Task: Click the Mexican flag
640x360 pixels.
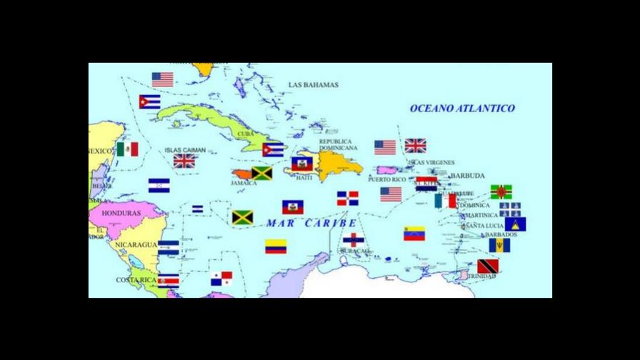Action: point(128,149)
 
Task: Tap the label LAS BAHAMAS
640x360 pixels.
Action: point(314,85)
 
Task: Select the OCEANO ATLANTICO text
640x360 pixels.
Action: point(462,109)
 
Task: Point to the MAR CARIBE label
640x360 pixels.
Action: point(311,223)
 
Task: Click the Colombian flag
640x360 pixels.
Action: point(276,246)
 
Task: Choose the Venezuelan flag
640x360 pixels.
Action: point(414,234)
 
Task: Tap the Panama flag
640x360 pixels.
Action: point(221,279)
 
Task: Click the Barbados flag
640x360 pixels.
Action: point(499,246)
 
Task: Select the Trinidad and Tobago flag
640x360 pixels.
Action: point(488,266)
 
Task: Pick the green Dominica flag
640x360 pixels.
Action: point(501,191)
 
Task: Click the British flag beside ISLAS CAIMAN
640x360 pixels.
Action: point(184,161)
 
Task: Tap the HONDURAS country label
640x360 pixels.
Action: point(121,213)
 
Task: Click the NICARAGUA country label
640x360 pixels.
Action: point(136,244)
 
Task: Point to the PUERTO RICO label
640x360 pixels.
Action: point(386,180)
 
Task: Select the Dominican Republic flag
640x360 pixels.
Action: point(348,199)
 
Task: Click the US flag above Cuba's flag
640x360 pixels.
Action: point(163,80)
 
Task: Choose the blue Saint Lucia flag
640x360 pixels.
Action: point(515,224)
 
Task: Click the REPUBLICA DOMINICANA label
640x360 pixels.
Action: point(338,145)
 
